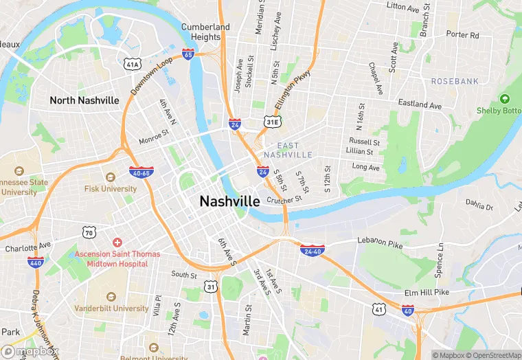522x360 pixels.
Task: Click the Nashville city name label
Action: tap(229, 201)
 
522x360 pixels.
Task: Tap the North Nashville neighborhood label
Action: tap(84, 100)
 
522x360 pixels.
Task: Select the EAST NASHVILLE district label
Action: tap(294, 150)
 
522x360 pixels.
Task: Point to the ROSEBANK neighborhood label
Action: tap(454, 81)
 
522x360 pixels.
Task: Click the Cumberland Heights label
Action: tap(205, 32)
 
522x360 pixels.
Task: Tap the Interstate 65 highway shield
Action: tap(188, 53)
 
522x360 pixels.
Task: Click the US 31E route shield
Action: tap(273, 122)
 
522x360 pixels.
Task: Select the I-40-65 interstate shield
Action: tap(141, 172)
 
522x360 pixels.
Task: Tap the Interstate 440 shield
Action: tap(36, 262)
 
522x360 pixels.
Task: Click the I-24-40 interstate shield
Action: tap(313, 250)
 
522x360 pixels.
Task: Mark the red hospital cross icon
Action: tap(117, 243)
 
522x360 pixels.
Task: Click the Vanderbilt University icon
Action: tap(111, 296)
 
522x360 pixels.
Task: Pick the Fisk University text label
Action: tap(111, 188)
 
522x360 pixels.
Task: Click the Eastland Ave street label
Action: tap(420, 105)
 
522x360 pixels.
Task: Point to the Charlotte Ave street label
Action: tap(27, 245)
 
